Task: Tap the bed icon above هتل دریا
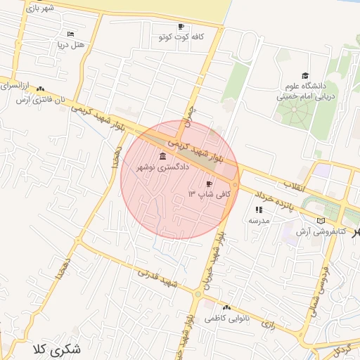coord(70,34)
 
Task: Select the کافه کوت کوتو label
coord(181,36)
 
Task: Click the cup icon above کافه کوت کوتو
coord(181,26)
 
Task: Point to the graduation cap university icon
coord(304,75)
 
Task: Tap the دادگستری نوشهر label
coord(162,167)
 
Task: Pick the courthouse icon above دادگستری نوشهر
coord(163,156)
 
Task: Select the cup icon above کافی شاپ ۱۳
coord(209,182)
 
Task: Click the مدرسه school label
coord(258,220)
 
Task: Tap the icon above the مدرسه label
coord(258,210)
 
